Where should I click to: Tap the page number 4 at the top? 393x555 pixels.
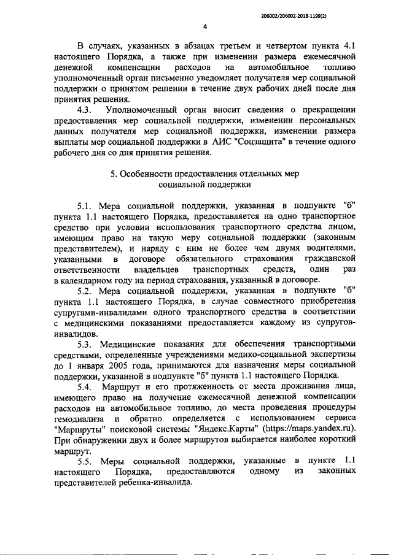click(x=204, y=26)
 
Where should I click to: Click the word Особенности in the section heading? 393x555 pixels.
click(x=150, y=174)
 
